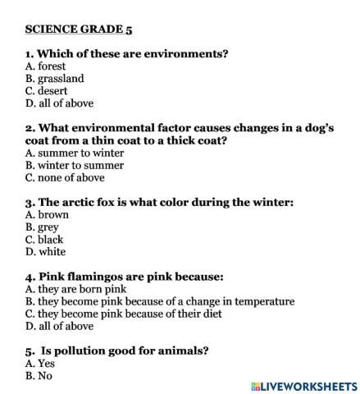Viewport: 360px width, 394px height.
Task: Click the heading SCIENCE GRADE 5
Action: tap(78, 29)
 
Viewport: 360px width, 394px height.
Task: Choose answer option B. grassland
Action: tap(54, 79)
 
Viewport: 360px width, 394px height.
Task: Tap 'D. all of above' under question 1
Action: tap(59, 103)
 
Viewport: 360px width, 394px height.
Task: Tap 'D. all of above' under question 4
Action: tap(59, 326)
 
